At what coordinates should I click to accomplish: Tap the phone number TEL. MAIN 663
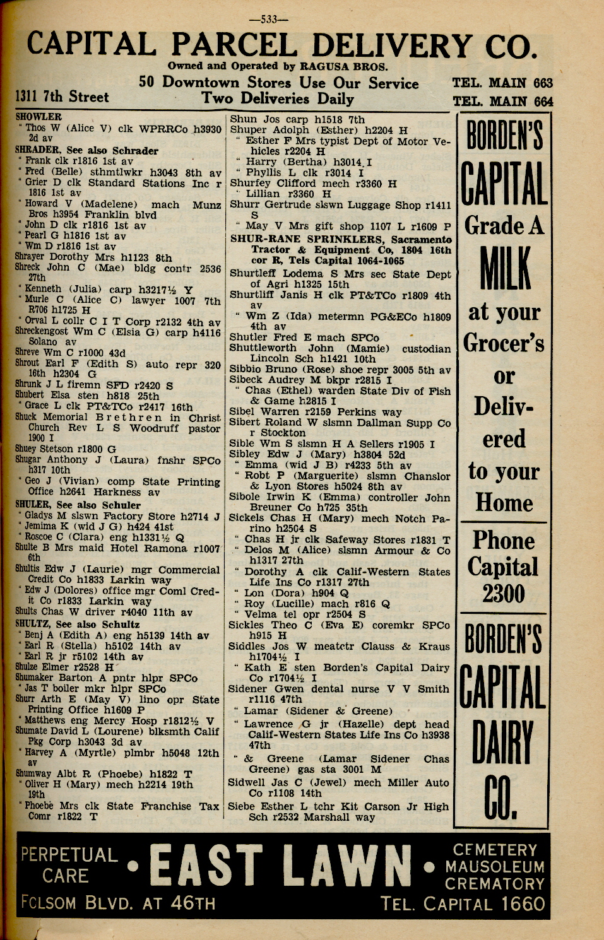coord(502,83)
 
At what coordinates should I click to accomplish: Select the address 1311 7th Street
coord(62,97)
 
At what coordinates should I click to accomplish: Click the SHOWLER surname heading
coord(38,117)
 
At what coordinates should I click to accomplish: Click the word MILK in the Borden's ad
coord(504,269)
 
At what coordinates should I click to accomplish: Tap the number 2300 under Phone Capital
coord(503,594)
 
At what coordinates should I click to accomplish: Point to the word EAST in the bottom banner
coord(206,874)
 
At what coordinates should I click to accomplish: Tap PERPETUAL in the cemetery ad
coord(69,855)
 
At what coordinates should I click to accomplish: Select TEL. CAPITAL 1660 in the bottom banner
coord(463,904)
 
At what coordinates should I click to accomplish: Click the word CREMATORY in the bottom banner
coord(494,884)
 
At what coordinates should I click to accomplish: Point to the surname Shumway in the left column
coord(33,774)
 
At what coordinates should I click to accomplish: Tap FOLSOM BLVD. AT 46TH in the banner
coord(118,903)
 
